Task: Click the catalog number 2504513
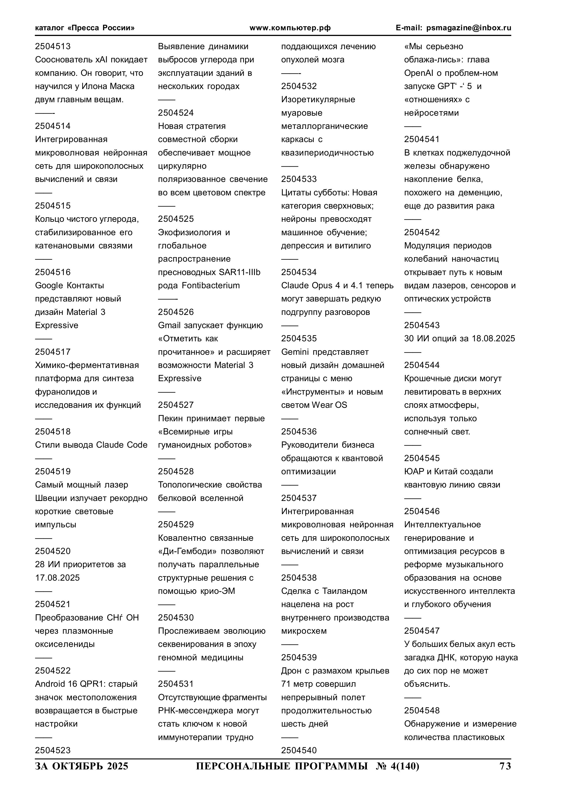tap(53, 46)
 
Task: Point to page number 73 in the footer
tap(505, 766)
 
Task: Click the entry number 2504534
tap(299, 272)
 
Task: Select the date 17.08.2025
tap(57, 578)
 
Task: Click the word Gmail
tap(169, 325)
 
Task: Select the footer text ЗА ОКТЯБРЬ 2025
tap(82, 766)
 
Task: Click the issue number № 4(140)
tap(398, 766)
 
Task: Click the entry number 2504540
tap(299, 750)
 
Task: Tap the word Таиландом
tap(345, 591)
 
